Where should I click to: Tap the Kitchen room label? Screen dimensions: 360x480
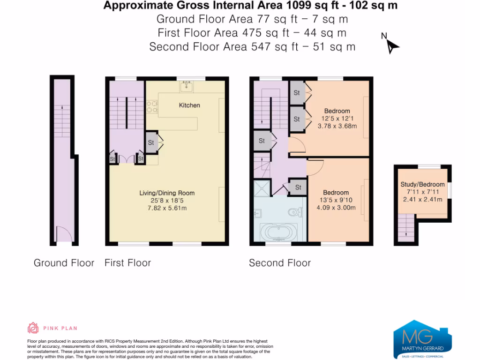click(x=189, y=105)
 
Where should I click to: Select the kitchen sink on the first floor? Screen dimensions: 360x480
click(x=187, y=86)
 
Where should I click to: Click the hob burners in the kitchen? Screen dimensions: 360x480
click(x=152, y=107)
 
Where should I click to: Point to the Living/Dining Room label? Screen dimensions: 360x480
click(x=167, y=193)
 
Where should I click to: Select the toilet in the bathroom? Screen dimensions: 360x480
click(x=295, y=212)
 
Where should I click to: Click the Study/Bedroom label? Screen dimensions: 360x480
click(x=422, y=184)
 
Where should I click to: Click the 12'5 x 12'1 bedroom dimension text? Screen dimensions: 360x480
click(x=337, y=119)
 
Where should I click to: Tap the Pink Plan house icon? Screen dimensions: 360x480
click(x=33, y=328)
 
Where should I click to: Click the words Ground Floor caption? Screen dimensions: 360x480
click(x=64, y=263)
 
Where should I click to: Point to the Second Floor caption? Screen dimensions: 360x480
click(x=280, y=263)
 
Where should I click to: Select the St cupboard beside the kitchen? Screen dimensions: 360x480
click(x=151, y=142)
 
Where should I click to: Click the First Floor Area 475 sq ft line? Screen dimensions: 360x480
click(x=252, y=33)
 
